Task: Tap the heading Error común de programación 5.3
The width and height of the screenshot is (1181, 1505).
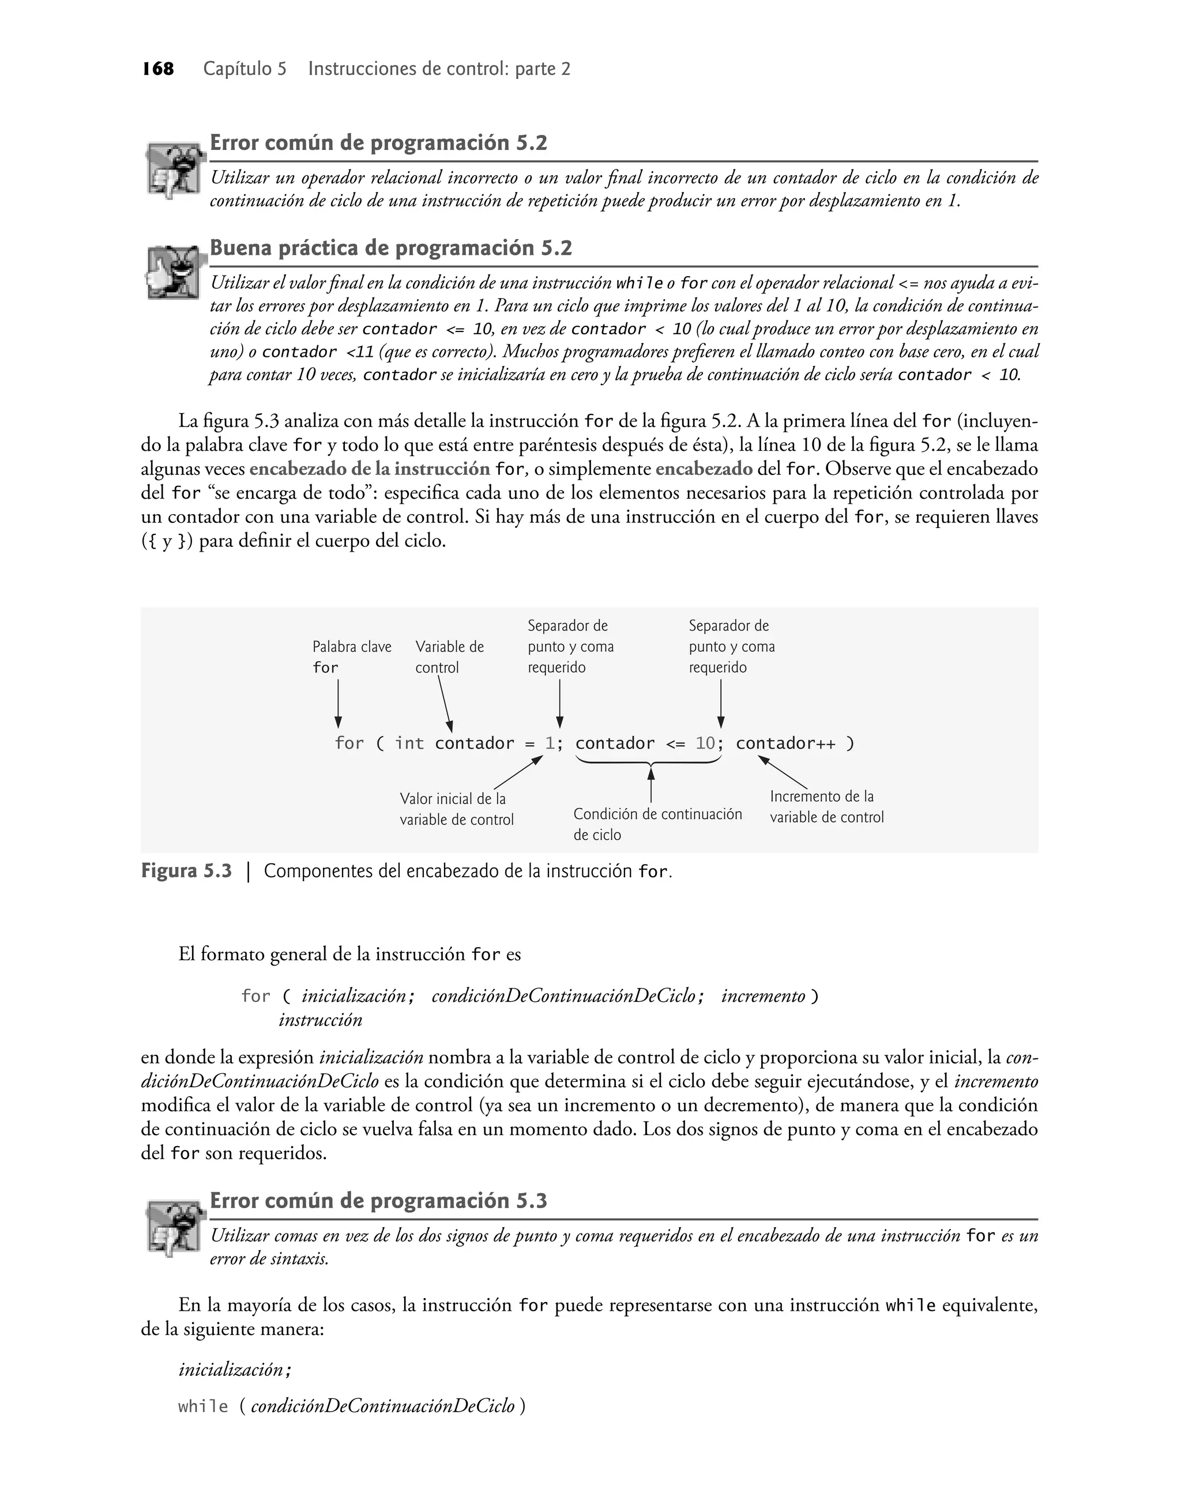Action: click(378, 1201)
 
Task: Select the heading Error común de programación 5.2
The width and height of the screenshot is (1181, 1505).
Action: click(378, 143)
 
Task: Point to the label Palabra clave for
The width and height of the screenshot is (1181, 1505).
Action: click(351, 657)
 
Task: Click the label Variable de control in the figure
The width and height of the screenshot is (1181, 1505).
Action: click(449, 657)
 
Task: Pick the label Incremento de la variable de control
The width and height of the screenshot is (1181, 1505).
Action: click(826, 806)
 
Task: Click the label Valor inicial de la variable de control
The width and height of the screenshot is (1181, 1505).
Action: click(456, 809)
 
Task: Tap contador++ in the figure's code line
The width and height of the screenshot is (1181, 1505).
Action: click(785, 744)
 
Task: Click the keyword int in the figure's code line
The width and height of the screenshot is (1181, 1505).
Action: click(409, 744)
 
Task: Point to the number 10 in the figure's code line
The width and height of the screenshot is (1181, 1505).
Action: click(705, 744)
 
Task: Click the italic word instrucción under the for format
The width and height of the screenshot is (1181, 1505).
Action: click(320, 1020)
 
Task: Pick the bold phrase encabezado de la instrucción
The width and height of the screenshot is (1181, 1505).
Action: click(370, 469)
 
